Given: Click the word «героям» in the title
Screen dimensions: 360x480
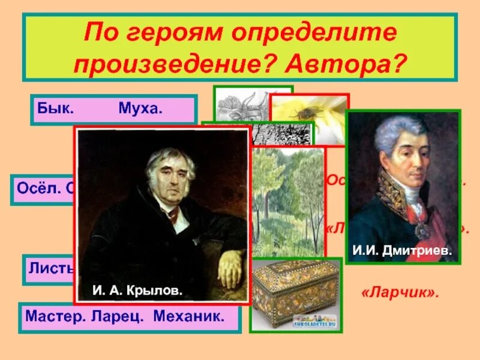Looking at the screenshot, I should tap(188, 33).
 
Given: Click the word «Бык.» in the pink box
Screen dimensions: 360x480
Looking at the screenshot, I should tap(56, 110).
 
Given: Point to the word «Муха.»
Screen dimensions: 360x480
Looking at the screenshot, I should tap(140, 110).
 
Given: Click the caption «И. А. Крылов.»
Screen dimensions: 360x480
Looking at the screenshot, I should tap(137, 290).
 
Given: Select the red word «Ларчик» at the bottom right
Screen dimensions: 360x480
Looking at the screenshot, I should tap(400, 293).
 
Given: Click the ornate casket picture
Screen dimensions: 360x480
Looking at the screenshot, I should tap(295, 294).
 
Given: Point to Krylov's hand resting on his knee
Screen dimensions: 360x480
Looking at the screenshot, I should tap(231, 270).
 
